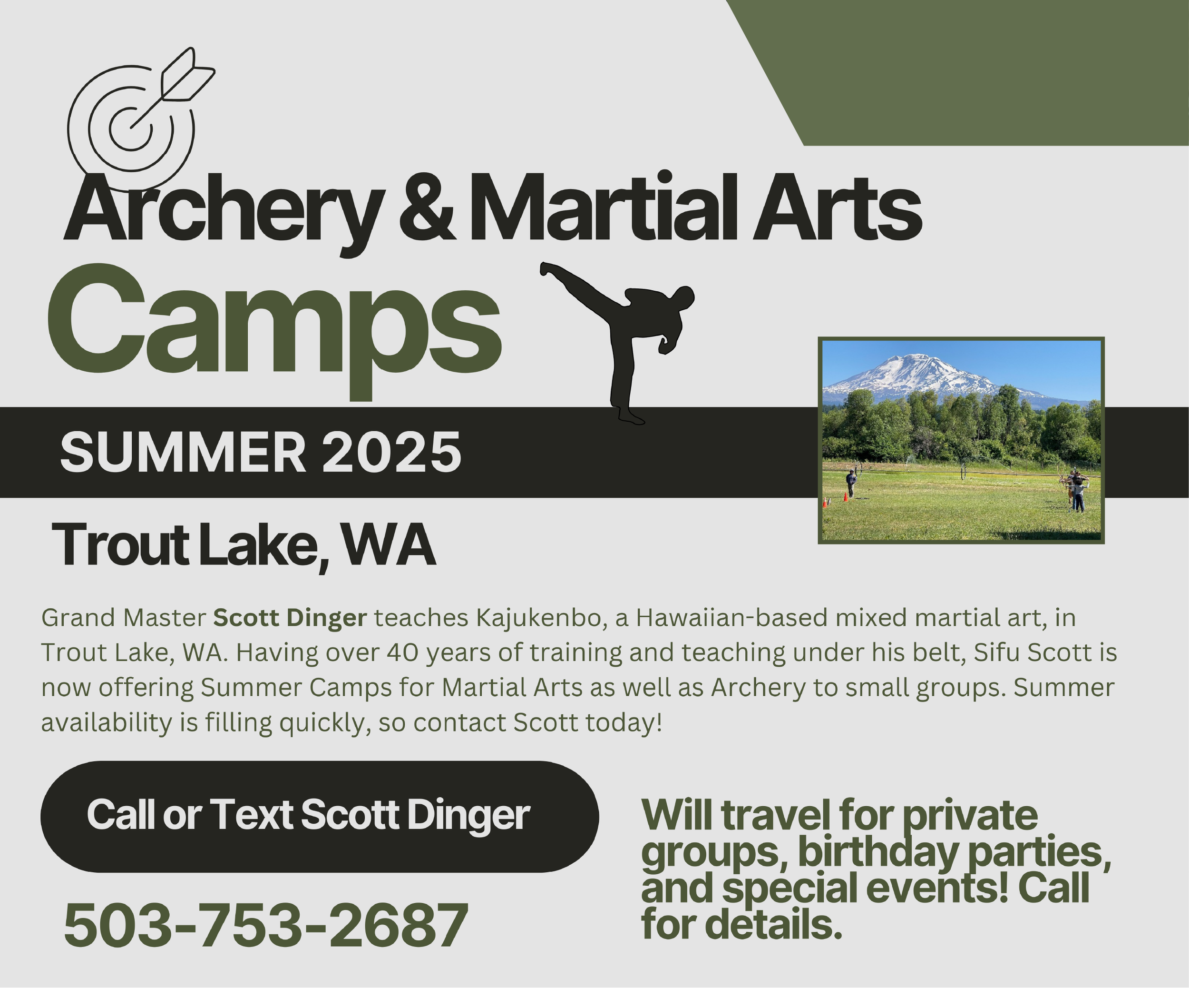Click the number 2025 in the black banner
[x=392, y=452]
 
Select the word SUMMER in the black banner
[x=184, y=452]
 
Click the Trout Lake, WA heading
[x=244, y=545]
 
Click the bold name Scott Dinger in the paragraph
[x=290, y=618]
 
